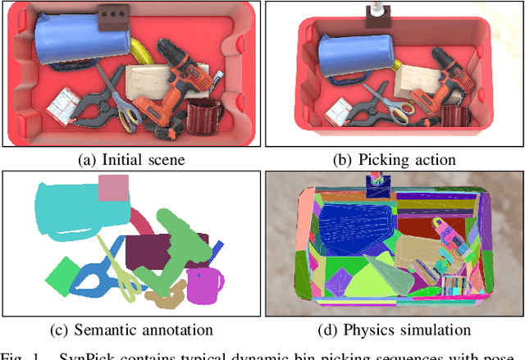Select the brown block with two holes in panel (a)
112,16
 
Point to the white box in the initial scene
63,107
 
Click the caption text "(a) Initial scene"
131,161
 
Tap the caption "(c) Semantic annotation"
131,330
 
